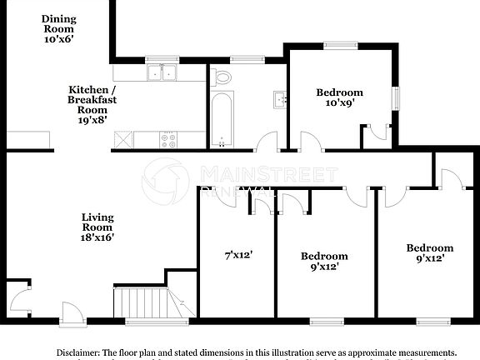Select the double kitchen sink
[162, 73]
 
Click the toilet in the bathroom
[222, 77]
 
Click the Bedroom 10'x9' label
[339, 97]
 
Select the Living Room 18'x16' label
[97, 227]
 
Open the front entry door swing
[72, 311]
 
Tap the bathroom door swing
[267, 142]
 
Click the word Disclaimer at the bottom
[78, 352]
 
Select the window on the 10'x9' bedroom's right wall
[397, 97]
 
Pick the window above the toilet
[245, 58]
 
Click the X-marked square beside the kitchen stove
[123, 141]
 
